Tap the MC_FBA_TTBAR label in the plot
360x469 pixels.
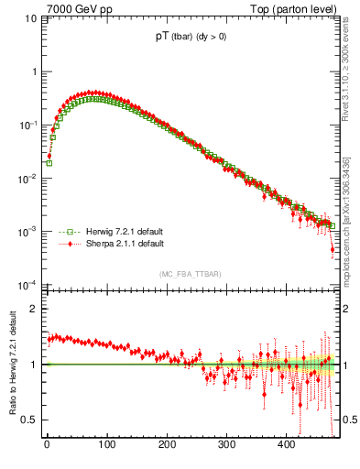click(191, 274)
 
